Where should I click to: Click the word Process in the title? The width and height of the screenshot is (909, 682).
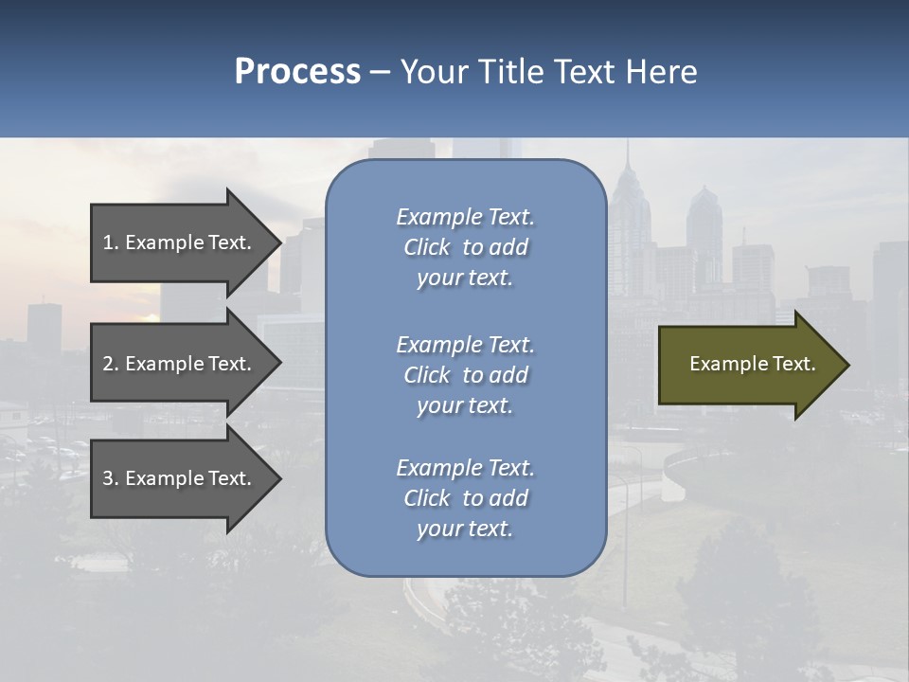pos(297,72)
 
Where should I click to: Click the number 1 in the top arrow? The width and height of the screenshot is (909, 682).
pos(108,242)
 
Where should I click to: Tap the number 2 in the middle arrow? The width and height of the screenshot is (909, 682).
pos(108,364)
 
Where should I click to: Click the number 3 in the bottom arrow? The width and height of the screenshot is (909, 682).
pos(108,478)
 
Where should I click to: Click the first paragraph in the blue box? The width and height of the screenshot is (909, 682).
pos(465,247)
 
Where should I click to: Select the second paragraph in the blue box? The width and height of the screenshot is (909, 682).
pos(465,375)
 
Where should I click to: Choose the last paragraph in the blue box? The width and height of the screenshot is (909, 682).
pos(465,498)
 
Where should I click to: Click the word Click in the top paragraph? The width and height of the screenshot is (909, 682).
pos(426,247)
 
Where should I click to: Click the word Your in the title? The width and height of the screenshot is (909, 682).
pos(435,72)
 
